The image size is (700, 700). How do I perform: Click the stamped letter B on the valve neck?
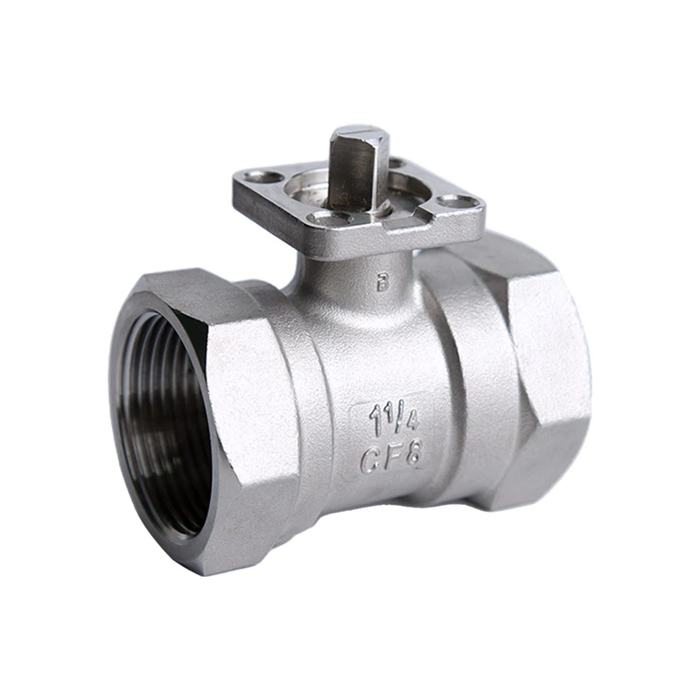[382, 282]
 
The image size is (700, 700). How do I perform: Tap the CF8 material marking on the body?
[391, 458]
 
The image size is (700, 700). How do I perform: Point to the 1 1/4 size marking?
[394, 418]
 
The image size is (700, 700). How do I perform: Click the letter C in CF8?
[371, 460]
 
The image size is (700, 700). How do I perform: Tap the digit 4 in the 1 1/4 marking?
[411, 421]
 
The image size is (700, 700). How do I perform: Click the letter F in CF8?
[393, 458]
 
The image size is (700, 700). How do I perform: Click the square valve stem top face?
[357, 134]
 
